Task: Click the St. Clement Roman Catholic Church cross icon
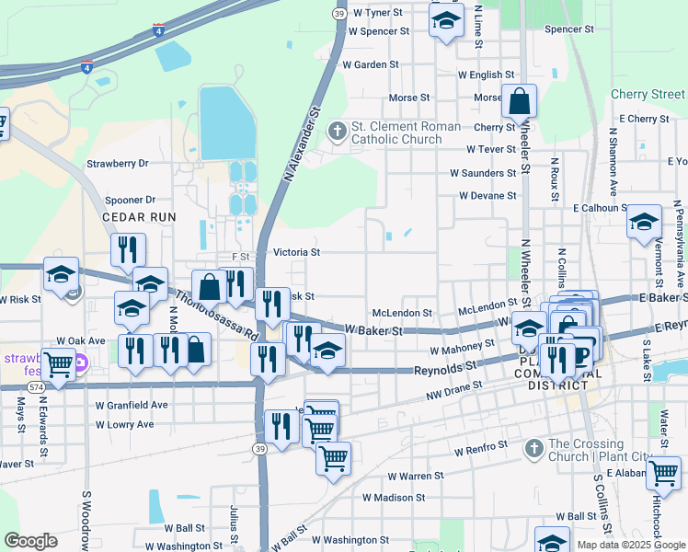click(338, 131)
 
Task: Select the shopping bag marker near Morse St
click(519, 101)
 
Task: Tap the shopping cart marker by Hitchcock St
click(663, 473)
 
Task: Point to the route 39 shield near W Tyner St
click(339, 14)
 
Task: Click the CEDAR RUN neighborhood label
click(138, 216)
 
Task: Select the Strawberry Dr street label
click(117, 164)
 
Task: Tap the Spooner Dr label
click(130, 200)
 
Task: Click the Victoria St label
click(296, 252)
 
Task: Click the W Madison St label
click(393, 497)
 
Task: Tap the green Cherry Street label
click(648, 95)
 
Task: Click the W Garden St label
click(370, 65)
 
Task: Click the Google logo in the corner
click(30, 541)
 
